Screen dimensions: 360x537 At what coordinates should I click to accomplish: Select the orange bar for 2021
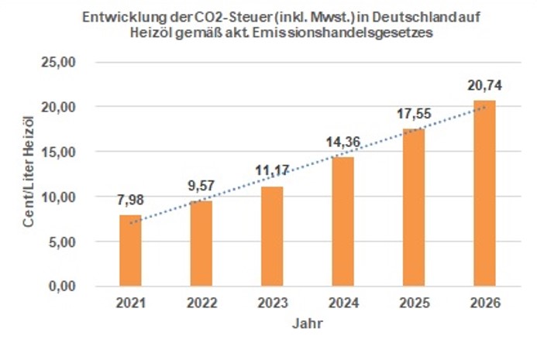click(130, 251)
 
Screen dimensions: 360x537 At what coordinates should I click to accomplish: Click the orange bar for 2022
click(201, 244)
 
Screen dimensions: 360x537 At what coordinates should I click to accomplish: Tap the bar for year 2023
click(272, 236)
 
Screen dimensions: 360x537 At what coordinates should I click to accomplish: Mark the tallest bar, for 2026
click(484, 194)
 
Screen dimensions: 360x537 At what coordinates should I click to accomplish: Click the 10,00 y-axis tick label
click(74, 197)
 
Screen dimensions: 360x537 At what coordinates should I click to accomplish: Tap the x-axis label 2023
click(272, 304)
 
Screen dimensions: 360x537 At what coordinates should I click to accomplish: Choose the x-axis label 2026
click(484, 304)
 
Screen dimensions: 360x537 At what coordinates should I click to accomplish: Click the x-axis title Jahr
click(307, 325)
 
